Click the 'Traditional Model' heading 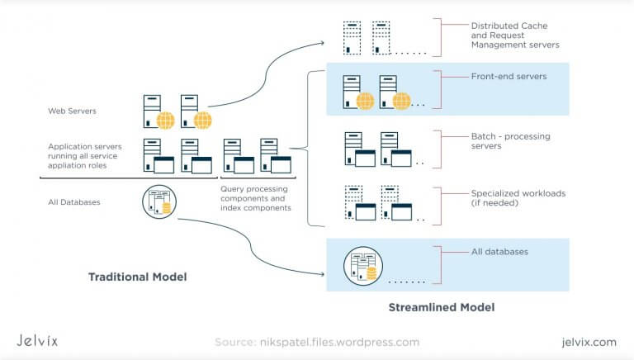(137, 277)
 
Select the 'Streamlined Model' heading (441, 308)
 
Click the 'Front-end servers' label (509, 77)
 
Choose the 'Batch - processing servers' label (510, 141)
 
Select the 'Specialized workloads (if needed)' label (518, 198)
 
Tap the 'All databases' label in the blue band (499, 252)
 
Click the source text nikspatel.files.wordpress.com (317, 342)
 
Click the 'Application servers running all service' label (84, 152)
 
